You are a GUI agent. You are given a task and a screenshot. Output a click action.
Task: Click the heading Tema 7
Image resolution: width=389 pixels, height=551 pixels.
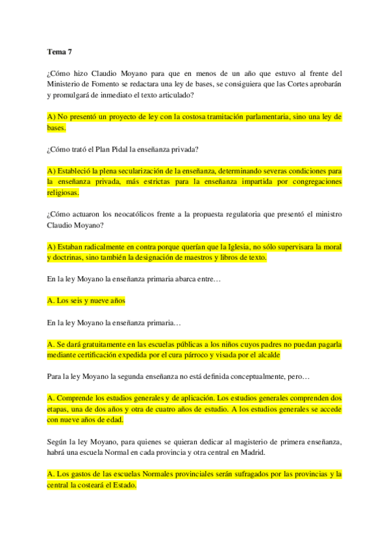(x=60, y=51)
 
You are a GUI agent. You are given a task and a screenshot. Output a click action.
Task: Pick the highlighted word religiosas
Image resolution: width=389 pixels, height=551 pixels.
(x=63, y=193)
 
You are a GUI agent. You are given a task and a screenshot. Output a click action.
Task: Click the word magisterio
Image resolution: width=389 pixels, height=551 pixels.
(x=212, y=442)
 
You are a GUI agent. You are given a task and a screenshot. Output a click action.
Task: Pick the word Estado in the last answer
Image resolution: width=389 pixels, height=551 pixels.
(x=121, y=485)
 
